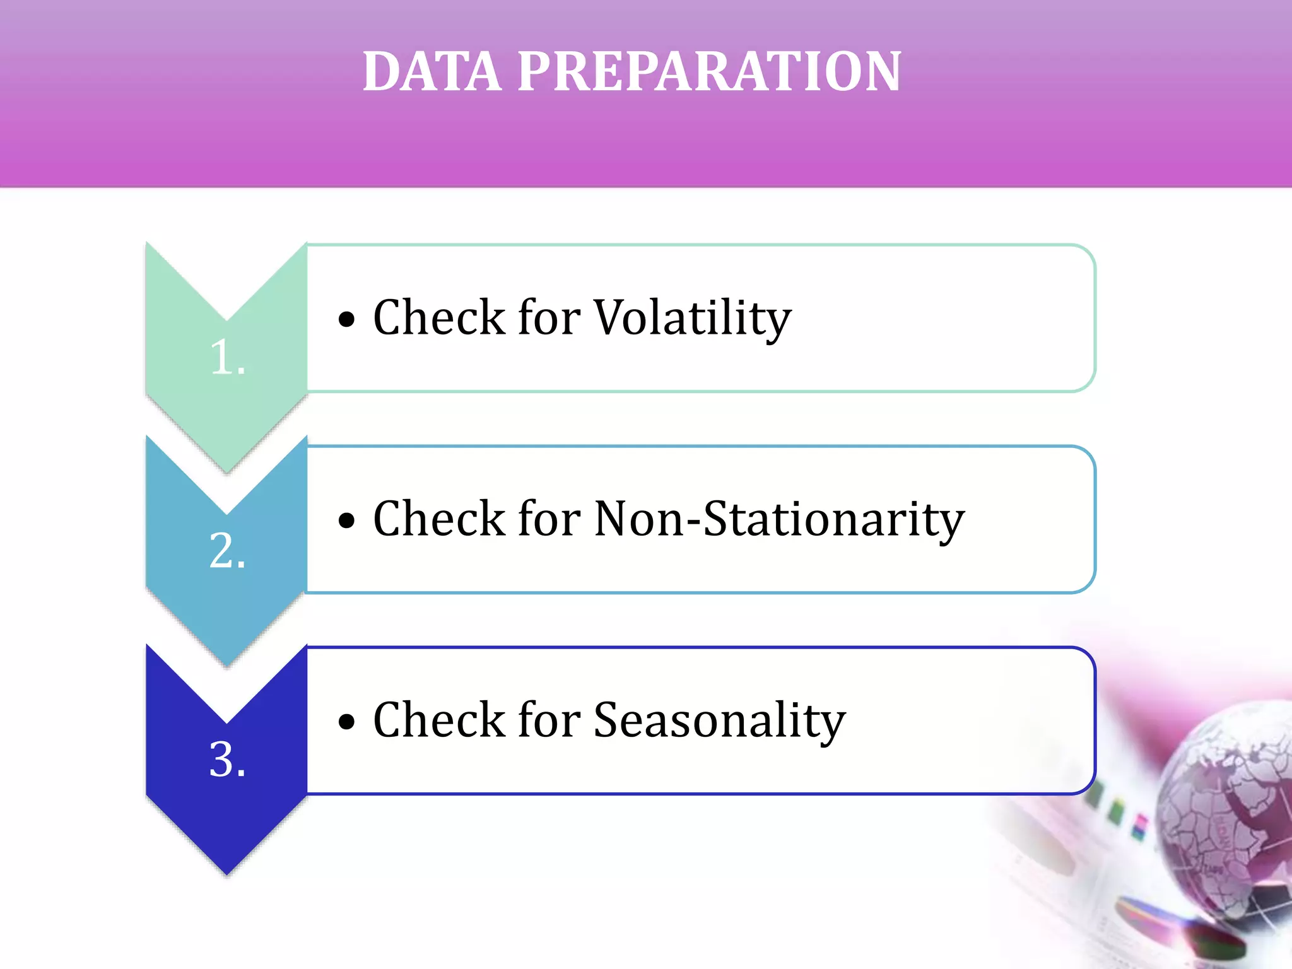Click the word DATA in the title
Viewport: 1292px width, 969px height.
coord(432,71)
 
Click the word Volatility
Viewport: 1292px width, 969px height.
coord(692,317)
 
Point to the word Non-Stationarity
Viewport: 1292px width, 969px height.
coord(778,519)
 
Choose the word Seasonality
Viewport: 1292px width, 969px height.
coord(719,720)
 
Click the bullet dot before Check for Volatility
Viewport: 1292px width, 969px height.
coord(346,320)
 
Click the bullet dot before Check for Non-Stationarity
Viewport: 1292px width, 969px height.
coord(346,521)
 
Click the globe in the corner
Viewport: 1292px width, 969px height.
coord(1230,814)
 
